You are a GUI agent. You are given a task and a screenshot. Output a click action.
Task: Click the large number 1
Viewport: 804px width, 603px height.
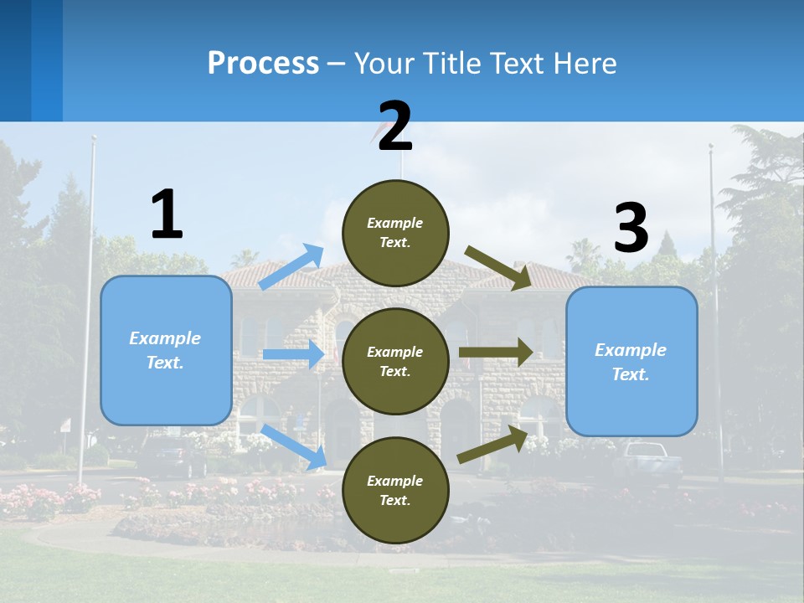167,215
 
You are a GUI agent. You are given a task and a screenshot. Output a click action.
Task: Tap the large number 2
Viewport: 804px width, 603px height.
395,127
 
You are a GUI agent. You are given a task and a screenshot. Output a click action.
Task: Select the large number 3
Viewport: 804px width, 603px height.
631,229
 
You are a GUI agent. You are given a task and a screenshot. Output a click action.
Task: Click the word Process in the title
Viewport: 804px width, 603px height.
263,63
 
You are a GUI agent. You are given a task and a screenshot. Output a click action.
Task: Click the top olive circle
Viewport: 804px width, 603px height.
395,233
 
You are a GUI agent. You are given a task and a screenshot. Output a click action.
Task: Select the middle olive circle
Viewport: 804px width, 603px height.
395,361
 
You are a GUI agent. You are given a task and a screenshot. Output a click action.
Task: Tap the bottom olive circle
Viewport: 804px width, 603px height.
395,490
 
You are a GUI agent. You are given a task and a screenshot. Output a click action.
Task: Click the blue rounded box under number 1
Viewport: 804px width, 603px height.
166,350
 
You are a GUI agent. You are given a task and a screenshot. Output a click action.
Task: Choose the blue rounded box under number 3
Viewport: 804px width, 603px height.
631,362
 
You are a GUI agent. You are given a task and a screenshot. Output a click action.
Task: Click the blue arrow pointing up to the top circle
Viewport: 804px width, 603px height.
291,267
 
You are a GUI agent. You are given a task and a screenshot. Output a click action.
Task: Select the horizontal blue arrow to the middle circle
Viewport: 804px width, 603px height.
293,354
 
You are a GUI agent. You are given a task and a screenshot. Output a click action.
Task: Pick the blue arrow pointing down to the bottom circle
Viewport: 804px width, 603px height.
294,447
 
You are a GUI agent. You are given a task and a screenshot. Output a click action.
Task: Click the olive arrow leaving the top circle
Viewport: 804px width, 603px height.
497,268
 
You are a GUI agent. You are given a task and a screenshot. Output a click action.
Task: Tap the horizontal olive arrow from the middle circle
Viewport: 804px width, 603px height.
495,353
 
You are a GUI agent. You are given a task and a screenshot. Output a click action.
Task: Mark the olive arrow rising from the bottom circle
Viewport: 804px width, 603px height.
492,445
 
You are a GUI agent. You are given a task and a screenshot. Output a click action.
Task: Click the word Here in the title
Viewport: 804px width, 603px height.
585,64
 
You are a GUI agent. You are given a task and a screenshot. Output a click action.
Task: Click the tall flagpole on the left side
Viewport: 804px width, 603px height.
88,310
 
